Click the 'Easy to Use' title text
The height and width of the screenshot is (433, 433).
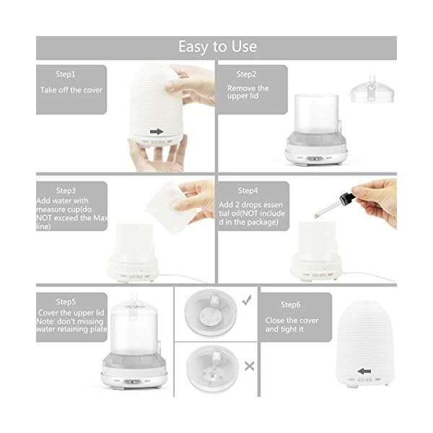click(218, 46)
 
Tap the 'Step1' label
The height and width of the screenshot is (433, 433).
click(65, 74)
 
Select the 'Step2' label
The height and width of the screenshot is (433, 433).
click(246, 74)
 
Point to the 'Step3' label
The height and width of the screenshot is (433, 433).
click(66, 191)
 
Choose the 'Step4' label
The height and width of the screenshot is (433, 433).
click(248, 191)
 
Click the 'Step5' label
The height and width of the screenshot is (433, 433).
click(66, 302)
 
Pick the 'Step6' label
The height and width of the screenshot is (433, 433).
click(291, 305)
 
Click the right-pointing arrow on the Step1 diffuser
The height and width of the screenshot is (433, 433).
click(157, 132)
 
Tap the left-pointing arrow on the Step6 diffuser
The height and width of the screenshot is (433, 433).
click(364, 372)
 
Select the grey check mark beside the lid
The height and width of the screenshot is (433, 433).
click(247, 300)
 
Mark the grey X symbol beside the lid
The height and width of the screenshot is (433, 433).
click(250, 366)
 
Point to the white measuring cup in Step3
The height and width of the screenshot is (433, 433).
click(171, 206)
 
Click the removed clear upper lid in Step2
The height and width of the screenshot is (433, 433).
click(372, 89)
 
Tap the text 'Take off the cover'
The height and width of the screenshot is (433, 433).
click(71, 90)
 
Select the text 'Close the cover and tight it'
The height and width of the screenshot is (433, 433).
click(292, 325)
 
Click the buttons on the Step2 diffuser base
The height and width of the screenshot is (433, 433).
click(315, 159)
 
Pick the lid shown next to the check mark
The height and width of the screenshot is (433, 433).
click(211, 313)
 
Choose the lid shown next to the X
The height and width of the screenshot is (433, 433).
click(212, 369)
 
